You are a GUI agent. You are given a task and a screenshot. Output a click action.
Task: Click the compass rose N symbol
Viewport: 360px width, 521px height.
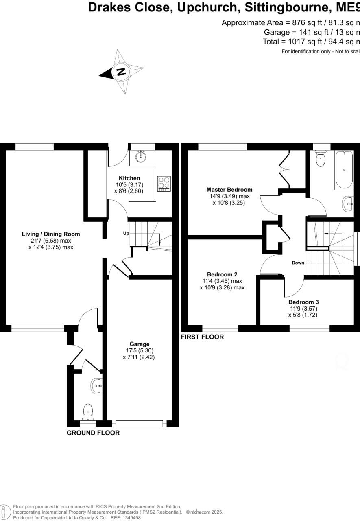click(x=121, y=72)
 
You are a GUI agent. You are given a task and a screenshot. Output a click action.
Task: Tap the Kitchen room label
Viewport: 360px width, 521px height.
click(x=129, y=178)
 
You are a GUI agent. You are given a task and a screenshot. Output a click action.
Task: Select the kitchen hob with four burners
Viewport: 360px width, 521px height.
click(x=164, y=184)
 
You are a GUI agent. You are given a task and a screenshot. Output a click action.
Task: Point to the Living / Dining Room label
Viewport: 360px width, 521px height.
click(x=51, y=234)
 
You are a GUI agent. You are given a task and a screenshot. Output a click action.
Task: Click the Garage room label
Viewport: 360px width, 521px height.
click(x=140, y=344)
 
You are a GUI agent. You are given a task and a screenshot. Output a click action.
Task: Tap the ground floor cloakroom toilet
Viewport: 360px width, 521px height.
click(x=88, y=412)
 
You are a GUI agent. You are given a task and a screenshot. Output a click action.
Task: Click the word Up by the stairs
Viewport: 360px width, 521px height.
click(x=126, y=234)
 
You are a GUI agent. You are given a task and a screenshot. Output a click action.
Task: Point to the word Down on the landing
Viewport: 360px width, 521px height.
click(x=298, y=263)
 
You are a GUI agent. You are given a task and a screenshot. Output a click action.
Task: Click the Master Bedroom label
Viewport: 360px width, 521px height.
click(x=229, y=189)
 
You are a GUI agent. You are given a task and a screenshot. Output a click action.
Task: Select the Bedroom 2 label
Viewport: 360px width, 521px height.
click(x=222, y=274)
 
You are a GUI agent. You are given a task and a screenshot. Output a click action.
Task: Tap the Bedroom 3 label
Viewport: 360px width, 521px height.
click(x=303, y=302)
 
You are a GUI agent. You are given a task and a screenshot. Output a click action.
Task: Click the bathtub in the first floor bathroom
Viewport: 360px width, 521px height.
click(x=344, y=170)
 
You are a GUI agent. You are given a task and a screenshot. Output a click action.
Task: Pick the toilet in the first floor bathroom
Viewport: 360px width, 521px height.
click(x=321, y=159)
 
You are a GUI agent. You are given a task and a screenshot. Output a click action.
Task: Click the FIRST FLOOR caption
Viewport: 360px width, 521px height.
click(x=202, y=337)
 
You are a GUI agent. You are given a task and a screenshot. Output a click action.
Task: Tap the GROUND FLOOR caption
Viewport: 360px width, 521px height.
click(x=93, y=433)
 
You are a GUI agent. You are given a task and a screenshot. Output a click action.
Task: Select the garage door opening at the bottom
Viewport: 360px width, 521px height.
click(x=139, y=424)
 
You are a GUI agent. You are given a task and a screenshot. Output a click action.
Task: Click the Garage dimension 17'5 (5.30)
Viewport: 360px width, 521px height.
click(x=139, y=350)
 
